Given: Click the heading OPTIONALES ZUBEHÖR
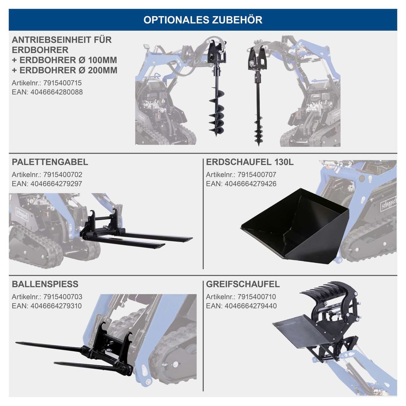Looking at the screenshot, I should [x=203, y=20].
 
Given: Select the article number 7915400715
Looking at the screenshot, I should [x=63, y=83].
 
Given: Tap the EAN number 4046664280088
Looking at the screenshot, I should [x=57, y=92].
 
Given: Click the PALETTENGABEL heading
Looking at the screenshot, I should [x=50, y=162].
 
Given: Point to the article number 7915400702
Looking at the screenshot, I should [x=63, y=175].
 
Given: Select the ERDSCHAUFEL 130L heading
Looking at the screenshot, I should [x=250, y=162].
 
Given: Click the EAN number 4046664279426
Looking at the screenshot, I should [x=250, y=184].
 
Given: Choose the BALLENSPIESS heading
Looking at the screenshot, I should [x=45, y=284].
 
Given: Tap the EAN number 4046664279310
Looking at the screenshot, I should [x=56, y=306].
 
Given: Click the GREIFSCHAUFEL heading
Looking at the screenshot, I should [x=243, y=284].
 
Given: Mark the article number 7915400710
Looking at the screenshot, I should [x=257, y=297].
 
